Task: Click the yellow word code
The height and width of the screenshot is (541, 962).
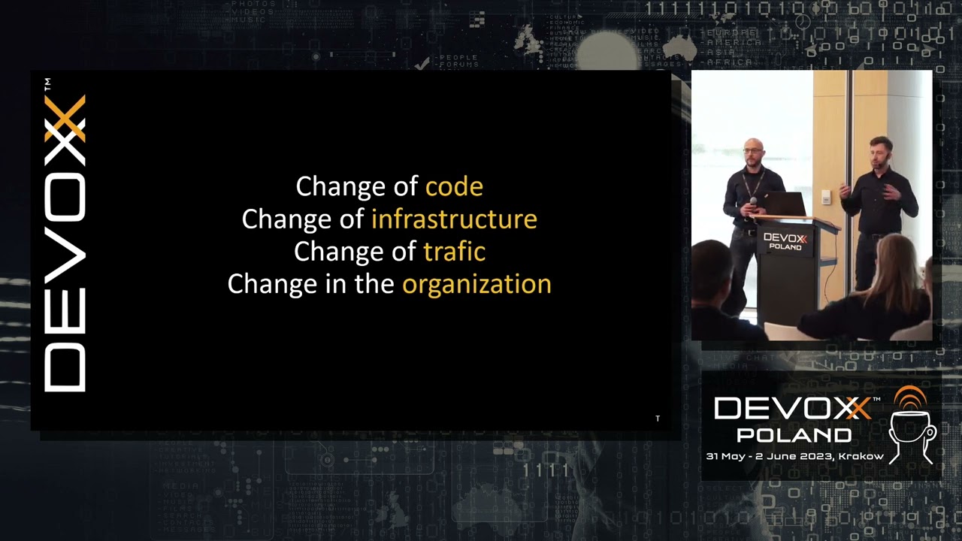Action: click(454, 186)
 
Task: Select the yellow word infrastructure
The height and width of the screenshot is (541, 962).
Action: click(454, 219)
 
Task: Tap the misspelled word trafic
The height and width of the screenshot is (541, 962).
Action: click(454, 251)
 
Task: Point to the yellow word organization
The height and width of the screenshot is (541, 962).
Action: click(476, 284)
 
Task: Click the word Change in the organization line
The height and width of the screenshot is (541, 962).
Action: click(268, 284)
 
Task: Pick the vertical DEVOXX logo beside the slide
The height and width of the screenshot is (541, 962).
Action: click(65, 243)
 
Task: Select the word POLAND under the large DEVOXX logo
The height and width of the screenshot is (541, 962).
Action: click(794, 435)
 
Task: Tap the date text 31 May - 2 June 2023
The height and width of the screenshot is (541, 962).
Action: click(769, 456)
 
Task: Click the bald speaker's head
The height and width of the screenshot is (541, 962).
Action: click(752, 150)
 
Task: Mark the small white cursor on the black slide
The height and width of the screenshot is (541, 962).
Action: click(658, 419)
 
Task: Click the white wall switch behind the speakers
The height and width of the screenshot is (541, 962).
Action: click(826, 197)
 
